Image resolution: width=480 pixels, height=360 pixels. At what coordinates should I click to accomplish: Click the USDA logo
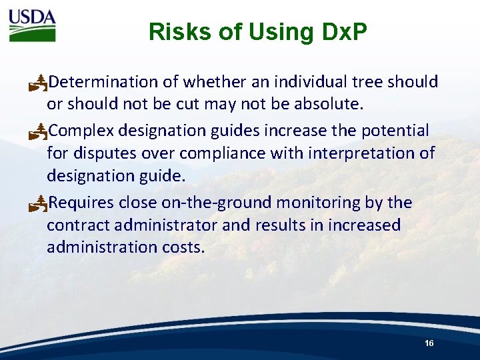pos(32,26)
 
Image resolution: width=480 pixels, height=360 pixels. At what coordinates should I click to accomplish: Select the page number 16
pos(429,343)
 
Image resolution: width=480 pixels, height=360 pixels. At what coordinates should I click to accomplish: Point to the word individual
pos(310,82)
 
